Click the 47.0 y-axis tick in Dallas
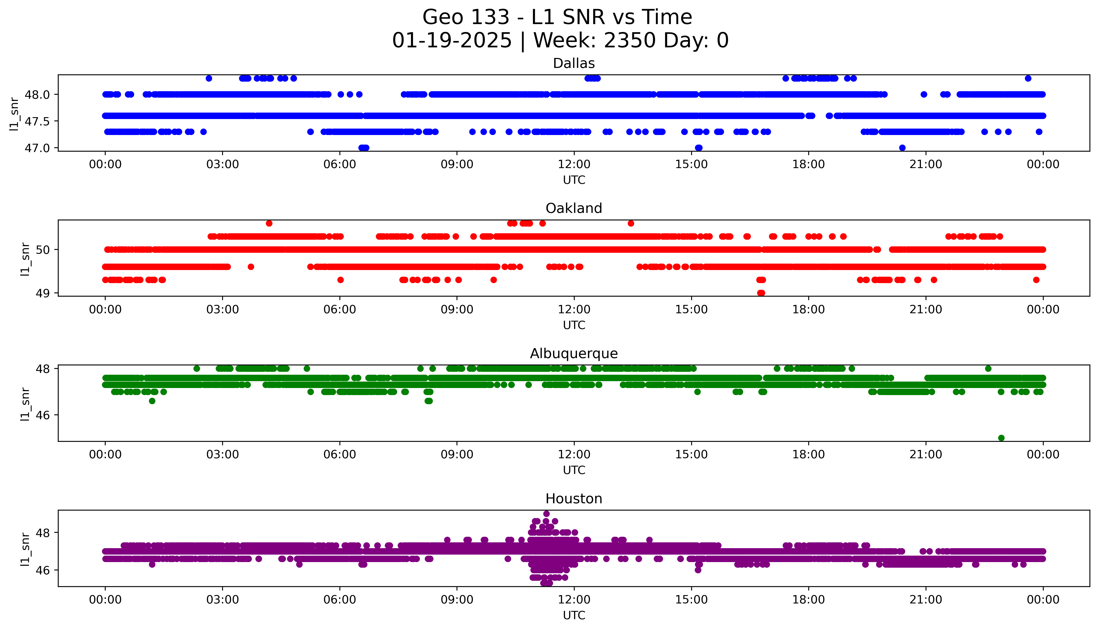click(37, 148)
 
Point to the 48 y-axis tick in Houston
click(43, 533)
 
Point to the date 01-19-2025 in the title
click(452, 41)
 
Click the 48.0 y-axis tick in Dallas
click(37, 94)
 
